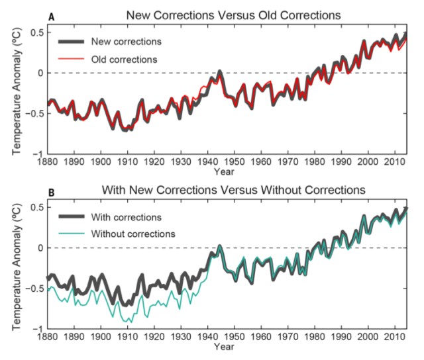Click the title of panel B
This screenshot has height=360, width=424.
pos(233,191)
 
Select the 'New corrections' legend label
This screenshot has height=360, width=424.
pos(131,42)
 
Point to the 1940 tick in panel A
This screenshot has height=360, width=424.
pos(209,161)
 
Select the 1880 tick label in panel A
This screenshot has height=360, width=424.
pos(47,161)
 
